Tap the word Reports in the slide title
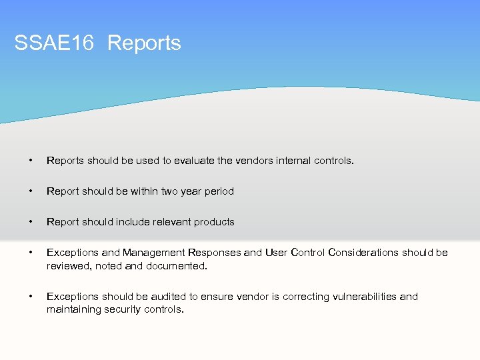coord(144,43)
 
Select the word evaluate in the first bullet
coord(195,161)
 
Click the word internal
coord(288,161)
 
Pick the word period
coord(219,191)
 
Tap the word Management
coord(154,253)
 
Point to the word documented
coord(176,266)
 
